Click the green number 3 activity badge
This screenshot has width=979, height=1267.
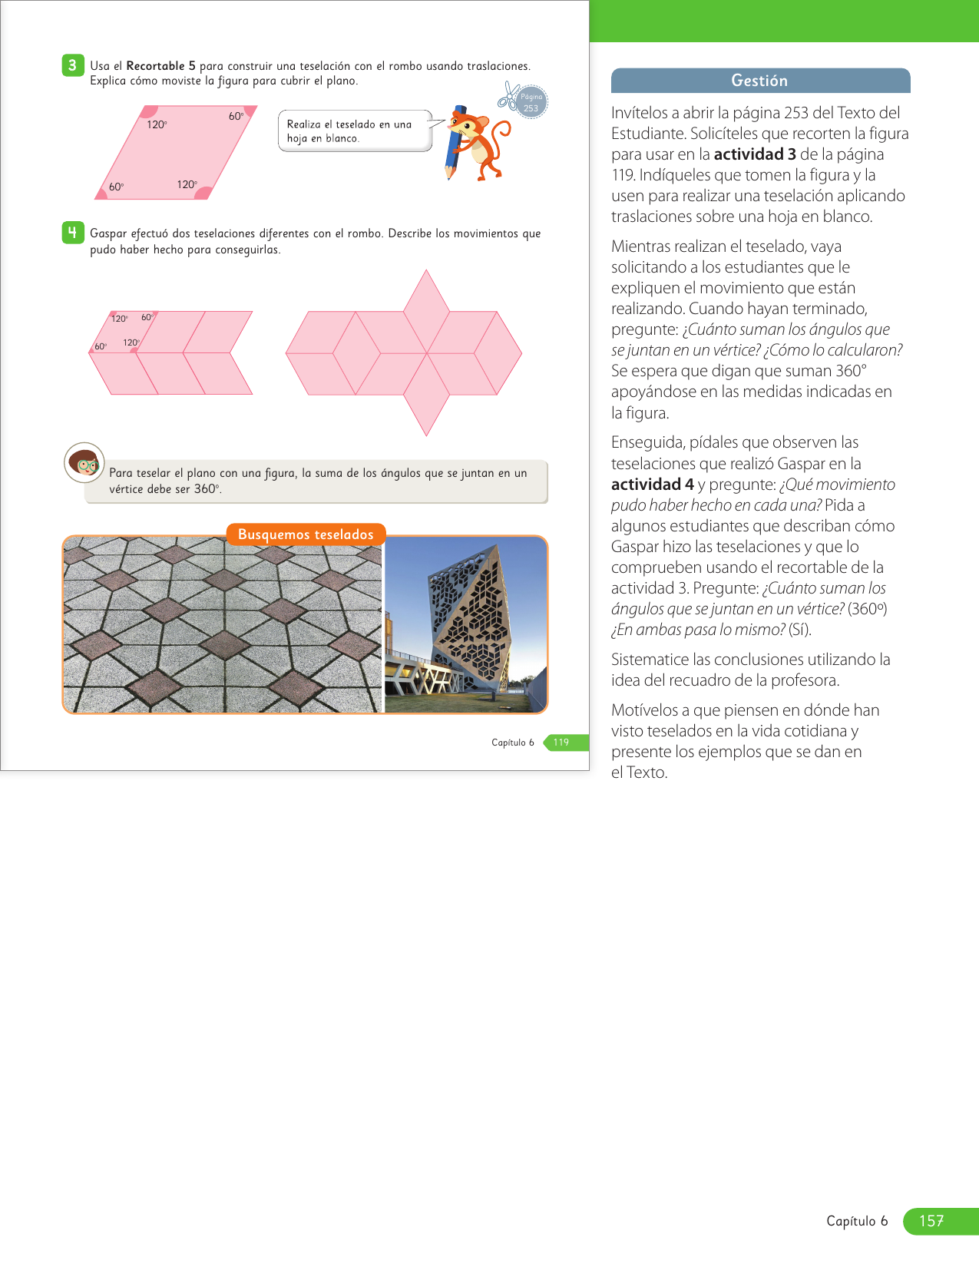pyautogui.click(x=72, y=65)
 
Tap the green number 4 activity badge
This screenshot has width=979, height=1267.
pyautogui.click(x=72, y=233)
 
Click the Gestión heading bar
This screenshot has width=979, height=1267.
pyautogui.click(x=760, y=81)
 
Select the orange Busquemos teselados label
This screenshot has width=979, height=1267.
pyautogui.click(x=306, y=534)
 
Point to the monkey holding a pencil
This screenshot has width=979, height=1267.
pyautogui.click(x=476, y=143)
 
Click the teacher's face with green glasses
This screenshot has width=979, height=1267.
pyautogui.click(x=84, y=462)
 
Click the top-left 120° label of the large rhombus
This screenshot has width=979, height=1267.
pyautogui.click(x=157, y=124)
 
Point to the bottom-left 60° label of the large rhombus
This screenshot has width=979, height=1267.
pyautogui.click(x=116, y=187)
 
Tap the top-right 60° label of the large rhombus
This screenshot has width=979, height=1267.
pyautogui.click(x=236, y=117)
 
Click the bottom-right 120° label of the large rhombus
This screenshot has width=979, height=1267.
pyautogui.click(x=187, y=184)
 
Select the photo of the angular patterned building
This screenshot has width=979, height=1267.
pyautogui.click(x=465, y=624)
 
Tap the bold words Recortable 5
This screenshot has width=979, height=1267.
pyautogui.click(x=160, y=66)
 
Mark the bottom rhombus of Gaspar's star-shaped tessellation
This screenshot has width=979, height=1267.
pyautogui.click(x=426, y=395)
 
